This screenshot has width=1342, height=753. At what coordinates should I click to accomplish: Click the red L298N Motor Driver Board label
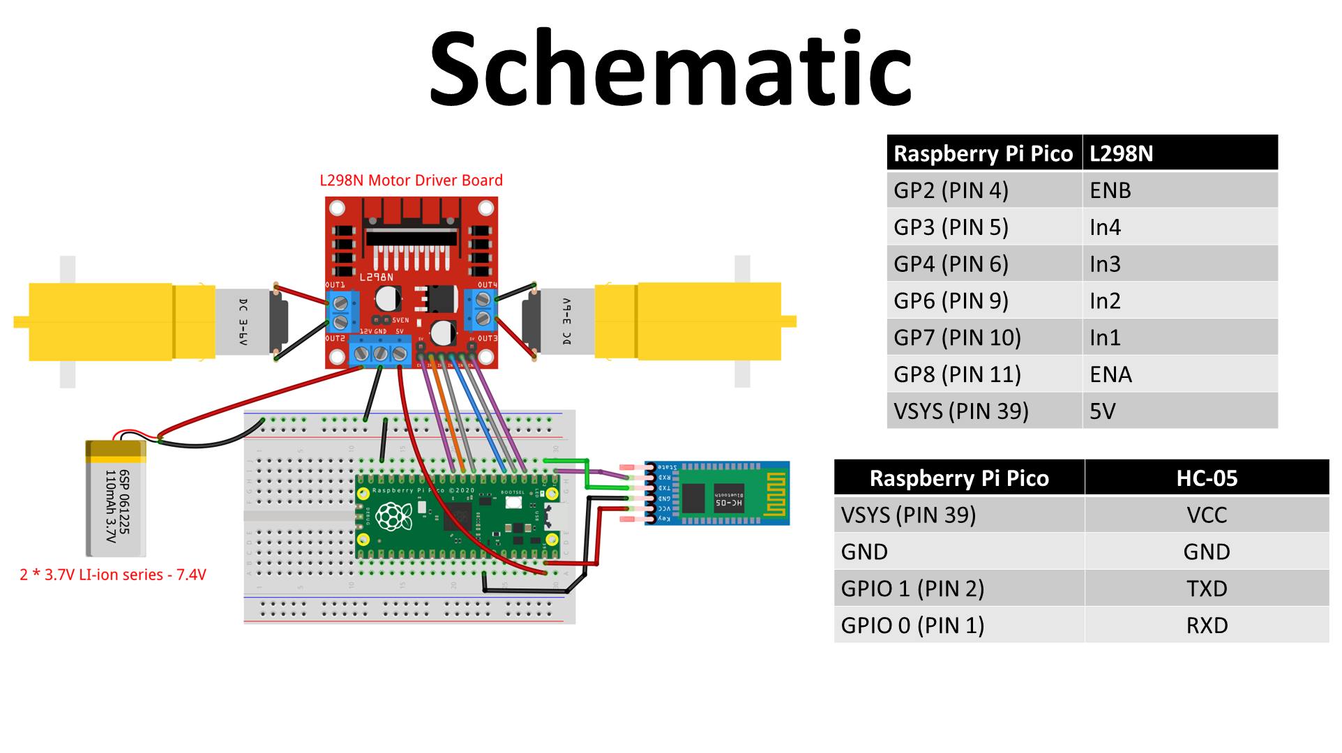(411, 181)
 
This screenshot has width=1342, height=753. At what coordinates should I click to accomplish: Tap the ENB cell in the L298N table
(1110, 190)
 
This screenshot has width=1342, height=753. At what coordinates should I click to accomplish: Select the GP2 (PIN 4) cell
(951, 190)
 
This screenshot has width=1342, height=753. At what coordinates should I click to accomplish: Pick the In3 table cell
(1105, 264)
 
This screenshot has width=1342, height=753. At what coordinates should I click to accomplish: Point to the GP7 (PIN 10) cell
(957, 338)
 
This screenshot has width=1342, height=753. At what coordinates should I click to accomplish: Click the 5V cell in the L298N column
(1103, 411)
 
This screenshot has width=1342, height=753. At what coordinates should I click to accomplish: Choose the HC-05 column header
(1206, 478)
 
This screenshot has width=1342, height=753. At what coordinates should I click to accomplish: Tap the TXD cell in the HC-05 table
(1206, 588)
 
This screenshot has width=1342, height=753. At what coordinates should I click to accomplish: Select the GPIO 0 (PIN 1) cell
(912, 625)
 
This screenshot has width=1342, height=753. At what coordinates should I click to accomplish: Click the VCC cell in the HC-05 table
(1206, 515)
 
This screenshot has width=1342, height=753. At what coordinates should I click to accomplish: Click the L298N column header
(1121, 153)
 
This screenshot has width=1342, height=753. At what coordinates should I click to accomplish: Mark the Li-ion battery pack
(116, 499)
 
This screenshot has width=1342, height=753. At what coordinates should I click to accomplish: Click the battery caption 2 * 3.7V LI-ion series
(113, 575)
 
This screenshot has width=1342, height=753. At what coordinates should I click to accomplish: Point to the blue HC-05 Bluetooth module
(718, 493)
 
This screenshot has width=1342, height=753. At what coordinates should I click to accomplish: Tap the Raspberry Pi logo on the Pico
(394, 517)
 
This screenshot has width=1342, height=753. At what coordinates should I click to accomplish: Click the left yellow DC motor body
(119, 321)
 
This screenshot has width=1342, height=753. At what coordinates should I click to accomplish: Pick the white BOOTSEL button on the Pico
(513, 502)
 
